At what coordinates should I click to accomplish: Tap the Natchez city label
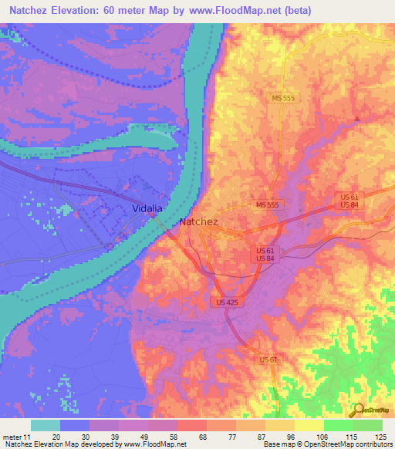tap(199, 221)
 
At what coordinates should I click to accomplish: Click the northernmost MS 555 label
tap(284, 98)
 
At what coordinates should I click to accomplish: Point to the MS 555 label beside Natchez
tap(269, 205)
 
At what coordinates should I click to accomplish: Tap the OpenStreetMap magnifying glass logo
tap(356, 411)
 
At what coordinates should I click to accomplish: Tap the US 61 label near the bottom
tap(268, 360)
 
